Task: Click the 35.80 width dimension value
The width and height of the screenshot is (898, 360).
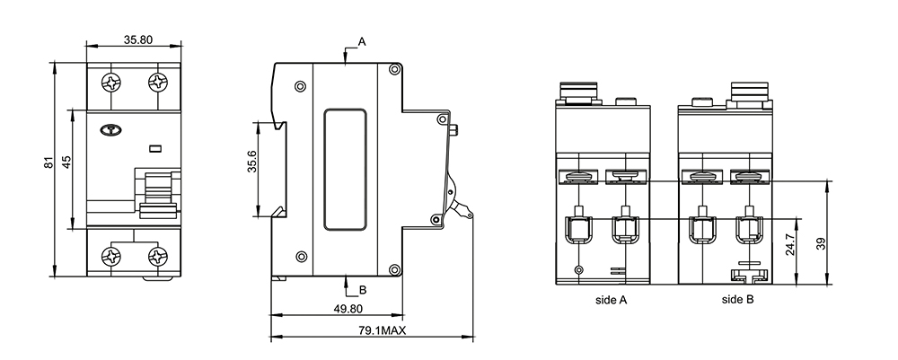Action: point(138,40)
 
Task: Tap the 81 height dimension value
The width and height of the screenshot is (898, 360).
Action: point(49,162)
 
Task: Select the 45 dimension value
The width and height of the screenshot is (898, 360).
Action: point(67,162)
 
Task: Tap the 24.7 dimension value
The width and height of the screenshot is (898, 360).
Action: point(790,244)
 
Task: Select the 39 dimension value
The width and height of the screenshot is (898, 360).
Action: point(823,244)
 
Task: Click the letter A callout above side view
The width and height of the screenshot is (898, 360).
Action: point(362,41)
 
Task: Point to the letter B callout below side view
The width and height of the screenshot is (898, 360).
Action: point(362,290)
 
